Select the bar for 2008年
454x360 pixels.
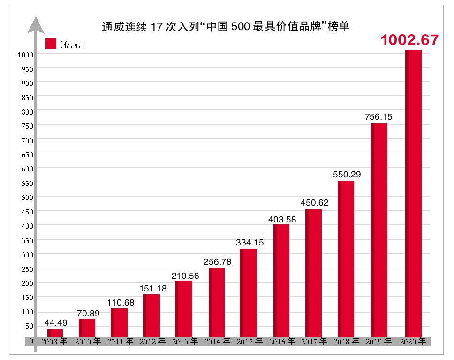[x=55, y=333]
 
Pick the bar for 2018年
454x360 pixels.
[x=346, y=259]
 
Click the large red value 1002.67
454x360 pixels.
[x=409, y=40]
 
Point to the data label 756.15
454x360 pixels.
[x=378, y=116]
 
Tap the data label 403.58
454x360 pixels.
[x=282, y=219]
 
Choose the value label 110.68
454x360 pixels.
[x=120, y=303]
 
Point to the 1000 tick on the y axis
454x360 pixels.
[x=25, y=54]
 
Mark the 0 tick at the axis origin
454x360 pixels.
[x=31, y=341]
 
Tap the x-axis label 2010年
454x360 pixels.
[x=88, y=342]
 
